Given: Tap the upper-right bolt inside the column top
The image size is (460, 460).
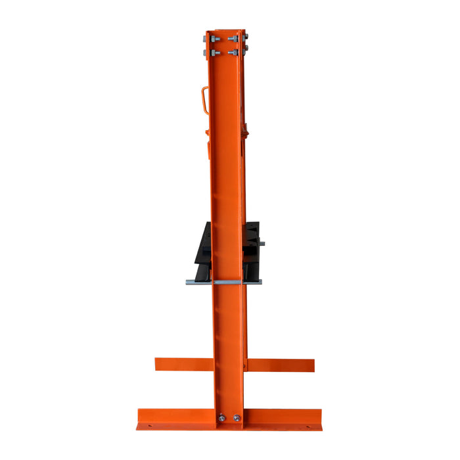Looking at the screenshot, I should point(235,38).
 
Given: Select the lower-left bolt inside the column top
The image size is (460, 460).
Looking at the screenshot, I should point(214,52).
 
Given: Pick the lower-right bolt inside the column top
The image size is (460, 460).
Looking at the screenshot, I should point(235,52).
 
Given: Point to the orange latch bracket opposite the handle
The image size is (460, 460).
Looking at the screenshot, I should point(248,132).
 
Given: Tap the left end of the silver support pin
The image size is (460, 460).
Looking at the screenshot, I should point(189,282).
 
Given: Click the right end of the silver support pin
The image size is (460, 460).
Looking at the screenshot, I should point(259,282).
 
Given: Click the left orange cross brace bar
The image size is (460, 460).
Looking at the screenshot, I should point(183,364).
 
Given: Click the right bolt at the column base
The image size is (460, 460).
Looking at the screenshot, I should point(235,417).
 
